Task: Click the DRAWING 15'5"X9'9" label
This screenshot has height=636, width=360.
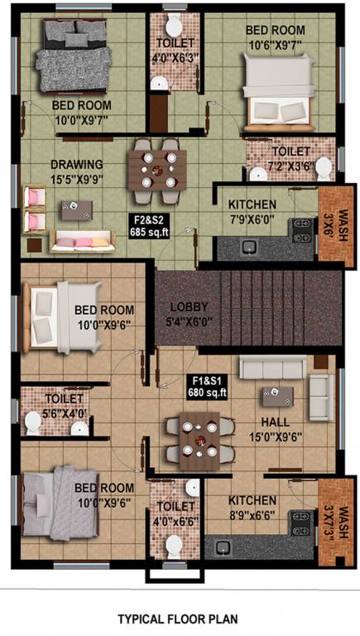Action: coord(77,170)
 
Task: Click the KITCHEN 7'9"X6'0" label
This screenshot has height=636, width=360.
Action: coord(258,210)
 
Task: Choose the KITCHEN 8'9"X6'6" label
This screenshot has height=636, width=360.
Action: coord(253,507)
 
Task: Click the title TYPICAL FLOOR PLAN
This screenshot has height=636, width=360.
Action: coord(177,618)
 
